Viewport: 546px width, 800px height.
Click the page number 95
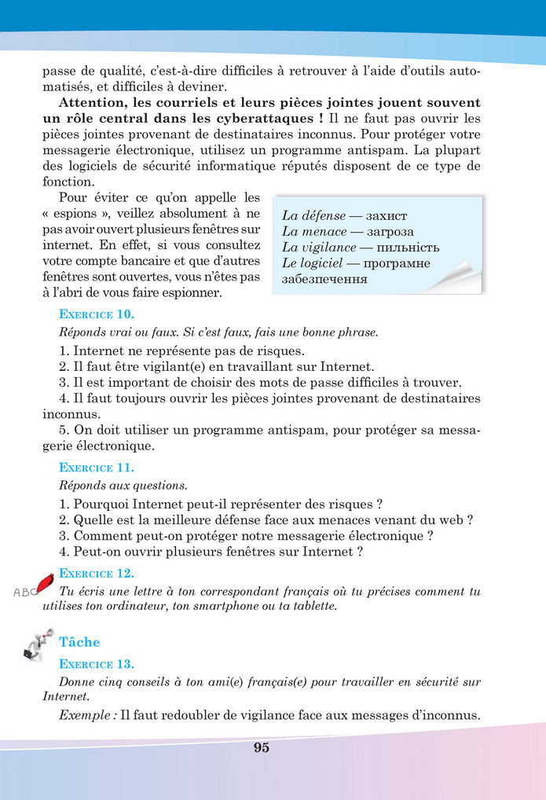pos(262,747)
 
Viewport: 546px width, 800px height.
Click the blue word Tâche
pos(79,642)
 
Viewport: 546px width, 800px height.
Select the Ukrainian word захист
pos(387,215)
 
